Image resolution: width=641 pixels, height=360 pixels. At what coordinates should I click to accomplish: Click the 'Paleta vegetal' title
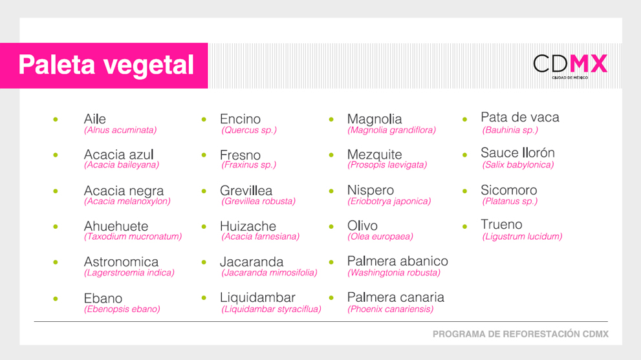(106, 65)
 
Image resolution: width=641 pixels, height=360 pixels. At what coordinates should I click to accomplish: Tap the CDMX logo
(570, 66)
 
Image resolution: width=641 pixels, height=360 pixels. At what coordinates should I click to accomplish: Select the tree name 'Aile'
(95, 119)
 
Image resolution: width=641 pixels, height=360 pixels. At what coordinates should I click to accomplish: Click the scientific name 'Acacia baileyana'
(122, 165)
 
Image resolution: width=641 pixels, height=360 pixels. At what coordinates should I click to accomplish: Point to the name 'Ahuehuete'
(116, 226)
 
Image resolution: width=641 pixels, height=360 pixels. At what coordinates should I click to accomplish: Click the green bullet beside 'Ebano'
(56, 299)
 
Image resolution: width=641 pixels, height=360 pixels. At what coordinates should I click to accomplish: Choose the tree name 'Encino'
(240, 119)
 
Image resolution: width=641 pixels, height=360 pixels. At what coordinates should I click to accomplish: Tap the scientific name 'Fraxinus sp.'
(248, 165)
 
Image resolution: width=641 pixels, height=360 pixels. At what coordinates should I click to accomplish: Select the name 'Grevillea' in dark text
(246, 191)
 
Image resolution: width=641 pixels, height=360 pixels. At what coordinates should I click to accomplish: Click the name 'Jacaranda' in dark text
(252, 262)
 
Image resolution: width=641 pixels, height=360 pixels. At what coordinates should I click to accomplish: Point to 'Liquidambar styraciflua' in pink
(271, 309)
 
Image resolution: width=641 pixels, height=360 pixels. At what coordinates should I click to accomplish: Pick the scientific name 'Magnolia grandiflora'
(391, 130)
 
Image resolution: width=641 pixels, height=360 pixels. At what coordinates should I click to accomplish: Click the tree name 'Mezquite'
(375, 154)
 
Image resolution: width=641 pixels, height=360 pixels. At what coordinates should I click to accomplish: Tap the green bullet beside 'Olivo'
(331, 226)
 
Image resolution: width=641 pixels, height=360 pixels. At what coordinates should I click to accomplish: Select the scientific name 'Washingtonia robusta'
(394, 273)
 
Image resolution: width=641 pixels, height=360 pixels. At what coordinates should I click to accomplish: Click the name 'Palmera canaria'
(396, 297)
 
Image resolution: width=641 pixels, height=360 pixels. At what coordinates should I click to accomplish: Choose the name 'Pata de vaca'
(519, 117)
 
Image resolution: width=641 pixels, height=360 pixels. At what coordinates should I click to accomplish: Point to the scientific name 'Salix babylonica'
(518, 165)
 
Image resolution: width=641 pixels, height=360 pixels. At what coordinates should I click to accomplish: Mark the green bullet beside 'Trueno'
(465, 226)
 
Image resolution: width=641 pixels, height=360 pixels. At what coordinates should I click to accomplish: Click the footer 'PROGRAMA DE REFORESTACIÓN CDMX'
(521, 334)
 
